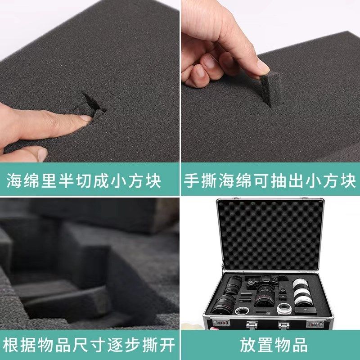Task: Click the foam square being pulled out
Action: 271,88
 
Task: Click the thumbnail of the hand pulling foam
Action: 270,81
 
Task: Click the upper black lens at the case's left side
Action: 234,286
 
